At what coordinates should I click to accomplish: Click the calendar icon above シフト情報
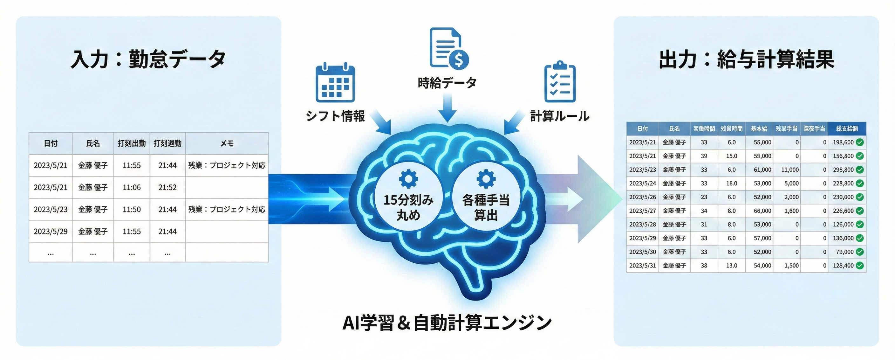pyautogui.click(x=335, y=83)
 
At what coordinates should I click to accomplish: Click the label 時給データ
pyautogui.click(x=447, y=83)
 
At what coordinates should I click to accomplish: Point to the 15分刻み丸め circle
pyautogui.click(x=408, y=196)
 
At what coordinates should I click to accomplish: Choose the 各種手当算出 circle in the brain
pyautogui.click(x=486, y=196)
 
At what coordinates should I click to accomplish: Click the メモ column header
pyautogui.click(x=227, y=143)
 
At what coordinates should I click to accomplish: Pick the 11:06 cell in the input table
pyautogui.click(x=132, y=188)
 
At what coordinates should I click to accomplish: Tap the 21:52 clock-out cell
pyautogui.click(x=167, y=188)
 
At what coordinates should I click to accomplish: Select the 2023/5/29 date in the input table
pyautogui.click(x=51, y=232)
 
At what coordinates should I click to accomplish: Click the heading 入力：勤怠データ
pyautogui.click(x=148, y=59)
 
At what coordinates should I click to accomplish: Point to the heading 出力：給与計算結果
pyautogui.click(x=746, y=59)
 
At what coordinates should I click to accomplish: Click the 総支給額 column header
pyautogui.click(x=847, y=128)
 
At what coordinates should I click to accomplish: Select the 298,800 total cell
pyautogui.click(x=843, y=170)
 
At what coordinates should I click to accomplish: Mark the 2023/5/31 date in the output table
pyautogui.click(x=642, y=266)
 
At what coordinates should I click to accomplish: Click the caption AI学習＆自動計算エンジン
pyautogui.click(x=447, y=323)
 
